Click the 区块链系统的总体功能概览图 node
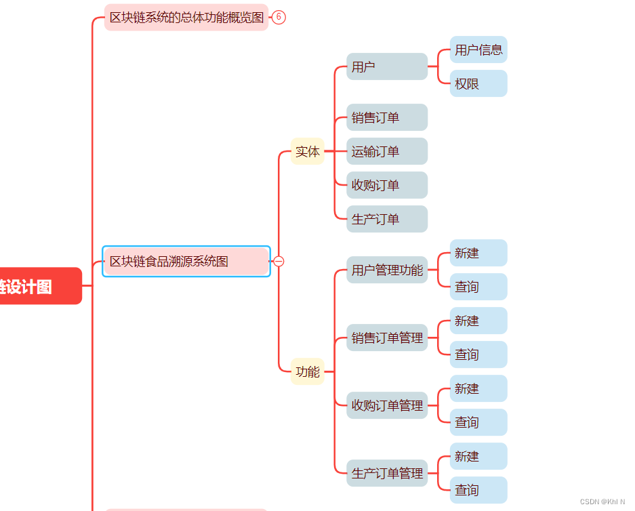[x=186, y=18]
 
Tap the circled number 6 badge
[x=279, y=17]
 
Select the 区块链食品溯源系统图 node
[x=186, y=262]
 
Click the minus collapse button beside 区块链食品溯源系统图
[x=279, y=262]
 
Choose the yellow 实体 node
[x=308, y=151]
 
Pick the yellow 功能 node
[x=308, y=371]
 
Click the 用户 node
[x=387, y=66]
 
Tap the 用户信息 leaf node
[x=478, y=49]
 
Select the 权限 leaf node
[x=478, y=83]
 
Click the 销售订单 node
[x=387, y=117]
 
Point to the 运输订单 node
[x=387, y=151]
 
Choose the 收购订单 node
[x=387, y=185]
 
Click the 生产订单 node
[x=387, y=219]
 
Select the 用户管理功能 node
[x=387, y=270]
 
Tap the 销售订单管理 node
[x=387, y=338]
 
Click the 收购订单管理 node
[x=387, y=405]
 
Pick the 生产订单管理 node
[x=387, y=473]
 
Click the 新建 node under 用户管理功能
[x=478, y=253]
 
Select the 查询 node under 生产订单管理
[x=478, y=490]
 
